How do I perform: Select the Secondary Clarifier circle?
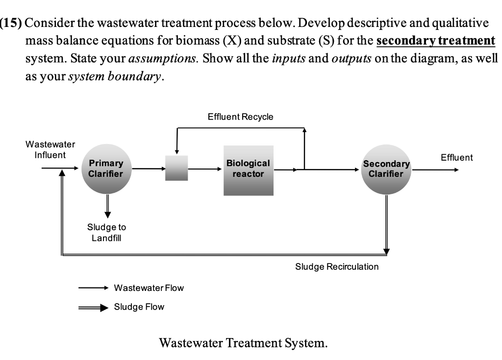point(386,169)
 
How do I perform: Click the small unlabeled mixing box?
point(176,168)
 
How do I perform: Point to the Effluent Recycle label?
point(240,117)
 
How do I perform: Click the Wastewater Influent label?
point(50,150)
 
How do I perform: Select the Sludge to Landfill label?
point(106,233)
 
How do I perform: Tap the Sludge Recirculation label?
point(337,267)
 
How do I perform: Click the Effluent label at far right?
point(456,158)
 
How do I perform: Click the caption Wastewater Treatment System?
point(243,342)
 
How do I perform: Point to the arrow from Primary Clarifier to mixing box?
point(149,169)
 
